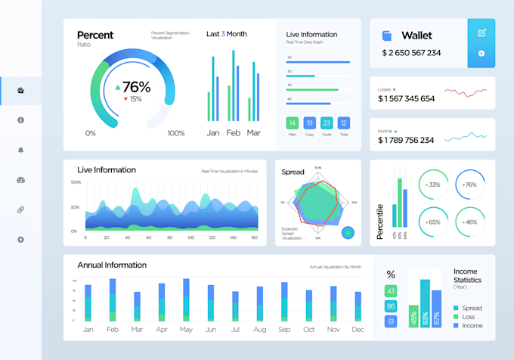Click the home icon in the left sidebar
[x=20, y=91]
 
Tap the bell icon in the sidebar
[x=20, y=150]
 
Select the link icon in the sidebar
[x=20, y=209]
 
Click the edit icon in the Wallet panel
[x=481, y=33]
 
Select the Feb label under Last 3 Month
[x=233, y=132]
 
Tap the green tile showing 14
[x=292, y=123]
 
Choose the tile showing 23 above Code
[x=327, y=123]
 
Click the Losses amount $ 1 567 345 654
[x=406, y=99]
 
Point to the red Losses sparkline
[x=466, y=92]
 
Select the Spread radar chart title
[x=293, y=172]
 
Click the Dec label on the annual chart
[x=358, y=330]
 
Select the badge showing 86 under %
[x=391, y=306]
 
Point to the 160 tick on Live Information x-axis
[x=254, y=237]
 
